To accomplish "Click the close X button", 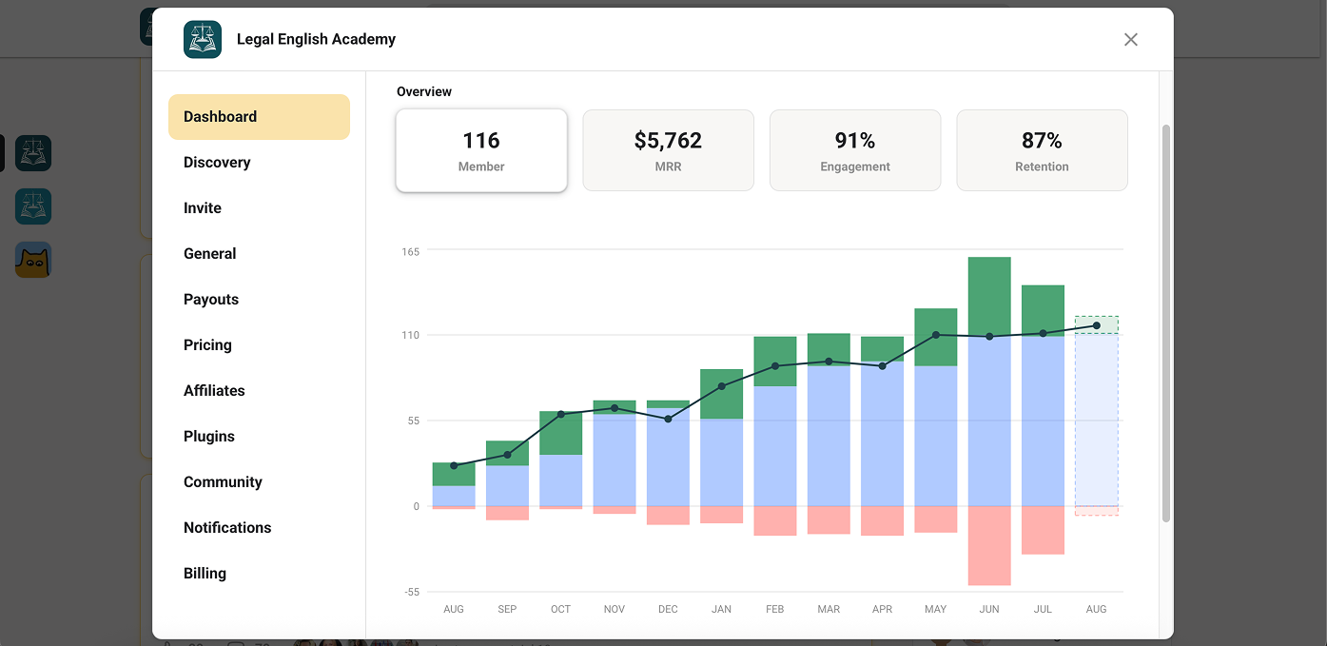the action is (x=1130, y=40).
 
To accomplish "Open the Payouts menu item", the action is (x=211, y=300).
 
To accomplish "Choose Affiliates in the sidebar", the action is (x=214, y=391).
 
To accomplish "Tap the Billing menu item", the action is (x=205, y=574).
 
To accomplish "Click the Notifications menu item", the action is (x=227, y=527).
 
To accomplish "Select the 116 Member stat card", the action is (x=481, y=150).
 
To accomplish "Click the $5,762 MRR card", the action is (x=668, y=150).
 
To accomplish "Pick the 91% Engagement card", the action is (x=855, y=150).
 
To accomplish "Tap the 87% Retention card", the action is (x=1042, y=150).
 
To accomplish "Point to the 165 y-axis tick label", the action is (x=411, y=252).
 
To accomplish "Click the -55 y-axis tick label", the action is (x=412, y=592).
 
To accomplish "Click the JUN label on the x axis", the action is (x=989, y=609).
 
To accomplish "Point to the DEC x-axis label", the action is (x=668, y=609).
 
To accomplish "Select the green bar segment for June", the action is (x=989, y=297).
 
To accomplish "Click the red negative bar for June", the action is (x=989, y=545).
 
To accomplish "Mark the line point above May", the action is (x=936, y=335).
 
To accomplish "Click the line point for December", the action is (x=668, y=419).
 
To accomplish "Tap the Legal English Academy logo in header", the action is (x=203, y=40).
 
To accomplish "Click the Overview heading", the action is (x=424, y=92).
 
